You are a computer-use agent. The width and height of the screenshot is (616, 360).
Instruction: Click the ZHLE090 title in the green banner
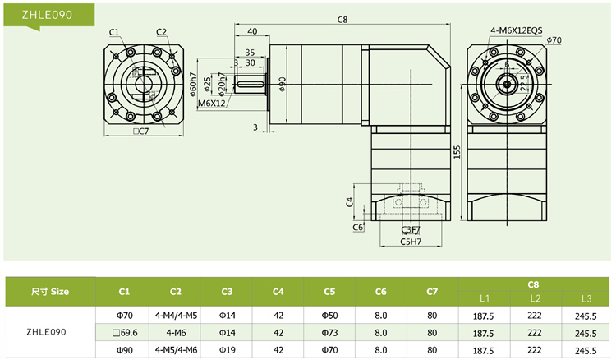(x=32, y=12)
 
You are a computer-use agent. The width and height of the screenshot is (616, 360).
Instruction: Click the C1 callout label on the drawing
(x=114, y=32)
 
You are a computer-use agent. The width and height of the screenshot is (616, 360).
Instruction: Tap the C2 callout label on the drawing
(x=161, y=32)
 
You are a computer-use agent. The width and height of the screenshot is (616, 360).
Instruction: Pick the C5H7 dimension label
(x=411, y=242)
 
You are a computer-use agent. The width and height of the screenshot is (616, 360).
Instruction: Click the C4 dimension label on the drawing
(x=349, y=201)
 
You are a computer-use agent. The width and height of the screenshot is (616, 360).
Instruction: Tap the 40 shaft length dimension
(x=251, y=31)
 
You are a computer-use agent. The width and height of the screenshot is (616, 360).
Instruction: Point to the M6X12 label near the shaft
(x=212, y=104)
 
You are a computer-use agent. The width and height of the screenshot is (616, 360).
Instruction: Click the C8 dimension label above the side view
(x=342, y=19)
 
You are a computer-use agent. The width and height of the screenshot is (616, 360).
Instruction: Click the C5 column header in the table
(x=329, y=291)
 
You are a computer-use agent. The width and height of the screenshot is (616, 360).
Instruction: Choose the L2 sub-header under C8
(x=535, y=298)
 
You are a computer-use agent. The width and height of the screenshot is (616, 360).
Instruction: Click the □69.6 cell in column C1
(x=124, y=333)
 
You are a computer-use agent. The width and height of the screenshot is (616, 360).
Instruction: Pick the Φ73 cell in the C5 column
(x=329, y=333)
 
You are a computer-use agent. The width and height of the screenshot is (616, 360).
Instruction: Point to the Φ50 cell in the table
(x=329, y=315)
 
